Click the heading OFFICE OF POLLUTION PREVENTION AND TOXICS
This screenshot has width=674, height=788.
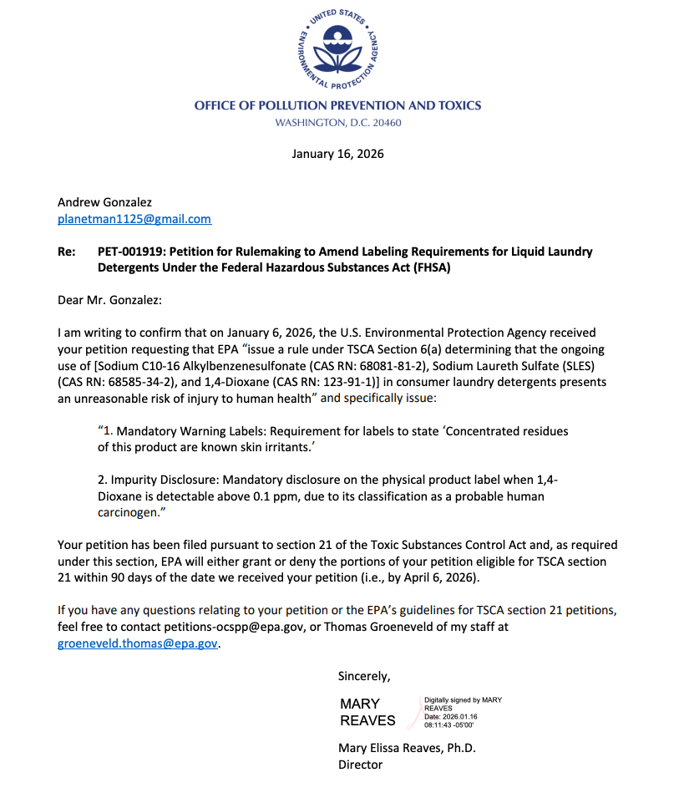tap(337, 105)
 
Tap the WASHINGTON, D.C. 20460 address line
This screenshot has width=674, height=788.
tap(337, 123)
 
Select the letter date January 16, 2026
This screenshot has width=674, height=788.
tap(337, 154)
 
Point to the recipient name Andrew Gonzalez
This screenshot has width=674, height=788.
tap(104, 202)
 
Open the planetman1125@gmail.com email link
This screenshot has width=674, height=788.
tap(134, 219)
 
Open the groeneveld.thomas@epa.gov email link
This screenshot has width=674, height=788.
tap(137, 643)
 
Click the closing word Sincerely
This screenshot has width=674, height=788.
tap(363, 675)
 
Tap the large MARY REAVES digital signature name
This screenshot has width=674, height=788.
tap(367, 712)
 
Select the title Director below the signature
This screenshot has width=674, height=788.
tap(360, 765)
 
